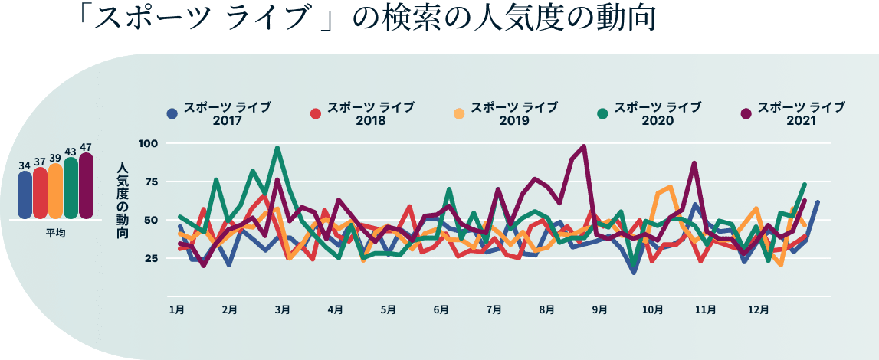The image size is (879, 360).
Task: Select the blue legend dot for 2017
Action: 172,114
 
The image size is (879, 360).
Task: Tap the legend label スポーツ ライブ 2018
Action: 371,113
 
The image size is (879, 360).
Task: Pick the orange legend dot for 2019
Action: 459,114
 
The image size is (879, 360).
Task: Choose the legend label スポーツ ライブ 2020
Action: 658,113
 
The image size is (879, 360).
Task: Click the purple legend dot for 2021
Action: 746,114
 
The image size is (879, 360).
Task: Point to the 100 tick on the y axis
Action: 148,143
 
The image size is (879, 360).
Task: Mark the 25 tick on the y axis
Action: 149,258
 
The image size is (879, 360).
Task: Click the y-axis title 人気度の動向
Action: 123,200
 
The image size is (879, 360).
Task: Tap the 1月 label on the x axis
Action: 176,310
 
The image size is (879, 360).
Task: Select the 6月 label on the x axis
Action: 441,310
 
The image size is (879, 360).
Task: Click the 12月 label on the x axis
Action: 759,310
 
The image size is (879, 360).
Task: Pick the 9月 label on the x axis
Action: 600,310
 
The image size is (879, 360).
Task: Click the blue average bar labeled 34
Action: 25,195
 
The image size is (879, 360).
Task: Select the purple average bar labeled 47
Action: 86,188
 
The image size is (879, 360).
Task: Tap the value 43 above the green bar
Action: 71,152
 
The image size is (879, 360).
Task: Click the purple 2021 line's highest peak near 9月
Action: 584,146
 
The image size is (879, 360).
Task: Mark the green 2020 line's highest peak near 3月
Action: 277,148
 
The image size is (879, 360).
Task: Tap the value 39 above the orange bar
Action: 55,158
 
